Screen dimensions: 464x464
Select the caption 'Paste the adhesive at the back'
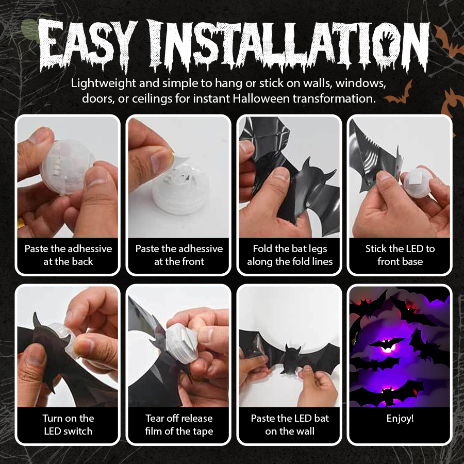click(x=68, y=255)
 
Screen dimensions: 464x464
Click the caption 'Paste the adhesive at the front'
click(x=179, y=255)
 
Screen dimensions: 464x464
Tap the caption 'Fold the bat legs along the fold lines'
click(x=290, y=255)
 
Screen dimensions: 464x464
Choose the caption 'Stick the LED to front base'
click(x=400, y=255)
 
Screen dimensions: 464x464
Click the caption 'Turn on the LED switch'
click(x=68, y=425)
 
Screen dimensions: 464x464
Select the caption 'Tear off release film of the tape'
click(x=179, y=425)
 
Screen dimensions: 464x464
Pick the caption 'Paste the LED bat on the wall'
click(x=290, y=425)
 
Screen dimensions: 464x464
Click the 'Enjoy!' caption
click(x=400, y=419)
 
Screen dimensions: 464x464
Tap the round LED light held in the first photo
click(x=64, y=165)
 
